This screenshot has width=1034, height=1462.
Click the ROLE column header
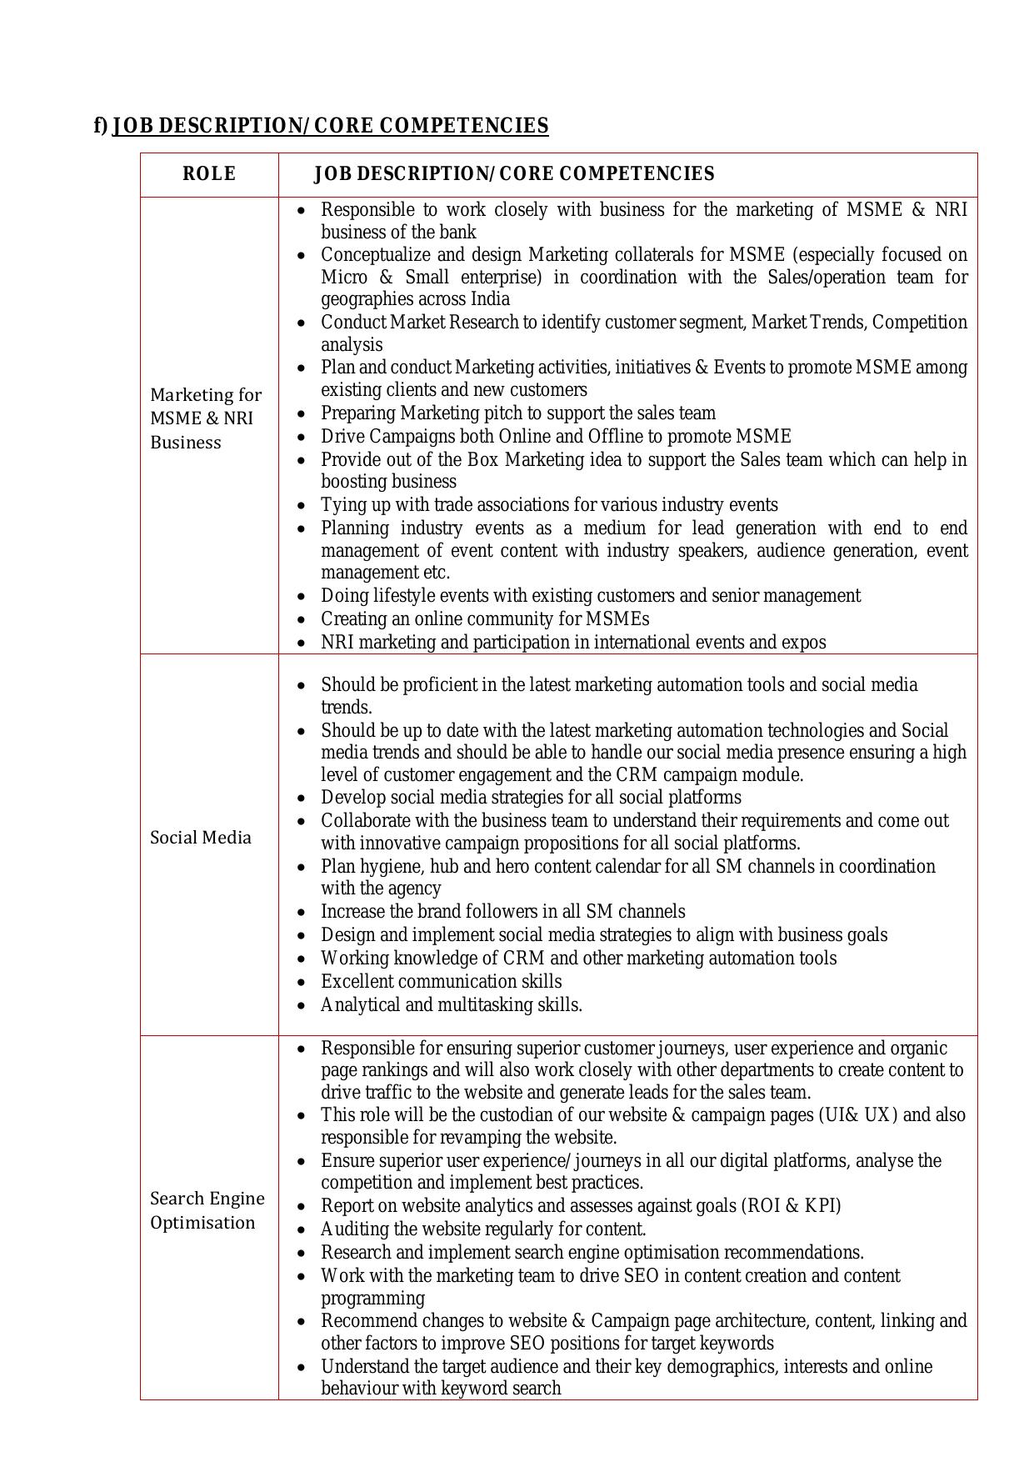pyautogui.click(x=209, y=173)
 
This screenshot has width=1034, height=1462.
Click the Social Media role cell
pyautogui.click(x=200, y=838)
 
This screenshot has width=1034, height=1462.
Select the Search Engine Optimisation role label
pyautogui.click(x=207, y=1210)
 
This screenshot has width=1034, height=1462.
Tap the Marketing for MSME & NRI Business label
pyautogui.click(x=206, y=418)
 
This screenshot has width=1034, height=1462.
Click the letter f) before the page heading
pyautogui.click(x=101, y=125)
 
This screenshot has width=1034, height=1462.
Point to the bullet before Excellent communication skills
pyautogui.click(x=302, y=982)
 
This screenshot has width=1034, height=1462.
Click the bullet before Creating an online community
pyautogui.click(x=302, y=619)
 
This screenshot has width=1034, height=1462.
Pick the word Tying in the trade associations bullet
pyautogui.click(x=342, y=505)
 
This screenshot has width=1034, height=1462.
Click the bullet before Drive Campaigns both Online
pyautogui.click(x=302, y=437)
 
